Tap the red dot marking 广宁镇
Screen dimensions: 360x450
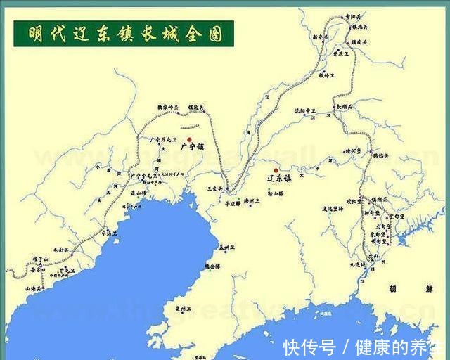tap(189, 139)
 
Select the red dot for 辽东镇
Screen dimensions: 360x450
tap(276, 170)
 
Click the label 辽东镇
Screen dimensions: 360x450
tap(281, 179)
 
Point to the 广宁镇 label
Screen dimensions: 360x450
tap(191, 148)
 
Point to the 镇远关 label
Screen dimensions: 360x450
tap(195, 108)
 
